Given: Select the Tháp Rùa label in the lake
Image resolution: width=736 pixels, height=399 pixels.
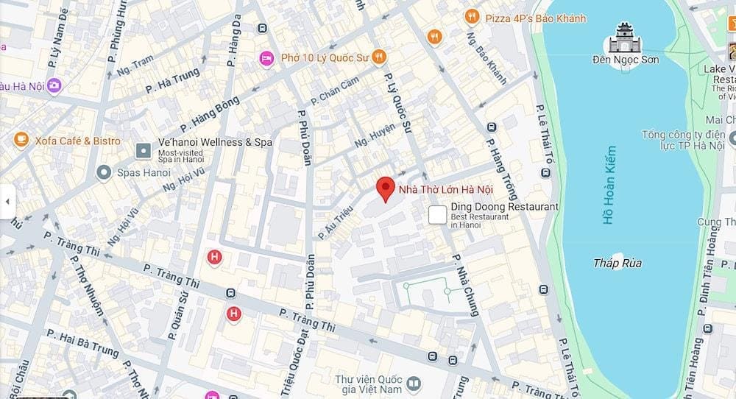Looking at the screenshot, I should pos(618,263).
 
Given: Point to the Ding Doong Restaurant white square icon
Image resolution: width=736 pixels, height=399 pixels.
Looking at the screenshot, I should pos(438,214).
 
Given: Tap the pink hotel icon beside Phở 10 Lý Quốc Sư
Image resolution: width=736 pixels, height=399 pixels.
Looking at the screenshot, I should pos(266,57).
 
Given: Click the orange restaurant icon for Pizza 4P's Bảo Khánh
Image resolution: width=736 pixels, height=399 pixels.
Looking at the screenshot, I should pos(472,17).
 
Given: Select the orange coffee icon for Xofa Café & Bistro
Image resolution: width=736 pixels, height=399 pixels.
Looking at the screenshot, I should pos(21,140).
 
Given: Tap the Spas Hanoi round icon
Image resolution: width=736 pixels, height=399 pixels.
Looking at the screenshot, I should pos(104,173).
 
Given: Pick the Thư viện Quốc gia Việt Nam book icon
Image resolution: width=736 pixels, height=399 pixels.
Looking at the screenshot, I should pos(414,384).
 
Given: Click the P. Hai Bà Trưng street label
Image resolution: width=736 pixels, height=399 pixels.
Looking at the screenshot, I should pos(82,343).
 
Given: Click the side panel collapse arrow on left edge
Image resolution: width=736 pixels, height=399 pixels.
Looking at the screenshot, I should pos(7,200).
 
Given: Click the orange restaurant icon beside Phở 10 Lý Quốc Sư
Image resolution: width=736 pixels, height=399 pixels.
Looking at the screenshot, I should pos(378,57).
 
